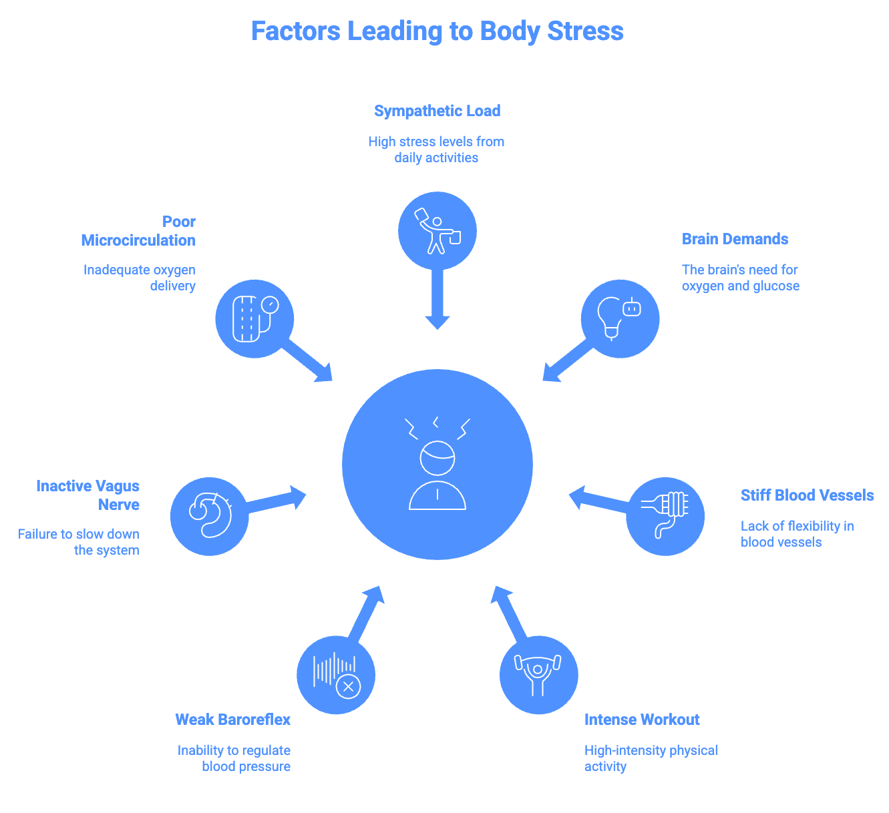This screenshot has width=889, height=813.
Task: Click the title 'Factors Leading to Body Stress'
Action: [x=437, y=31]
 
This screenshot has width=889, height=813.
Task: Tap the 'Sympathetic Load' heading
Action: [x=437, y=111]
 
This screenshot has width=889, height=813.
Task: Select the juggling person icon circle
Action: [x=437, y=231]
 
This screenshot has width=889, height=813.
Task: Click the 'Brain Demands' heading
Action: [x=735, y=239]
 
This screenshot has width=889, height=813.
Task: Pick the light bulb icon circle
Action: [x=620, y=318]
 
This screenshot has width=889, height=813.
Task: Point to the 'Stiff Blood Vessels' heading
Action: [x=807, y=495]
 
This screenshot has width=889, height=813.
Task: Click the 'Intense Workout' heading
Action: [x=642, y=720]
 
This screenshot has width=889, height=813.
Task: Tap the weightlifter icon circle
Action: [x=538, y=675]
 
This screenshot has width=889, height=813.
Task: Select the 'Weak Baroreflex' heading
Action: [x=233, y=720]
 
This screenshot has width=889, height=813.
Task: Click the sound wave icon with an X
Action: [x=336, y=675]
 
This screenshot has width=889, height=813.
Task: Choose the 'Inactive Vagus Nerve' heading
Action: [x=88, y=495]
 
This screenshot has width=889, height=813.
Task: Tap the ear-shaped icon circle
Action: [x=210, y=516]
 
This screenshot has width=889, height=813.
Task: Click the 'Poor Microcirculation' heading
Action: [x=139, y=231]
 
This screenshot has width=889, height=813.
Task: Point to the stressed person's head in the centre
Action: [x=437, y=458]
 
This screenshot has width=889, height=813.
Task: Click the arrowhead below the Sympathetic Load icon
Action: [x=437, y=322]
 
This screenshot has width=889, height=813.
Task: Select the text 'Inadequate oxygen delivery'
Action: [x=140, y=278]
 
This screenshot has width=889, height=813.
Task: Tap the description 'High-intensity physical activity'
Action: [x=651, y=758]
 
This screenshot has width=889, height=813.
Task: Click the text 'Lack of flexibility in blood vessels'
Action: [x=797, y=534]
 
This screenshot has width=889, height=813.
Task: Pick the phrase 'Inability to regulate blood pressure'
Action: [x=234, y=758]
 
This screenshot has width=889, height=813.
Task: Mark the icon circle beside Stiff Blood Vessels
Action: [x=665, y=516]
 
